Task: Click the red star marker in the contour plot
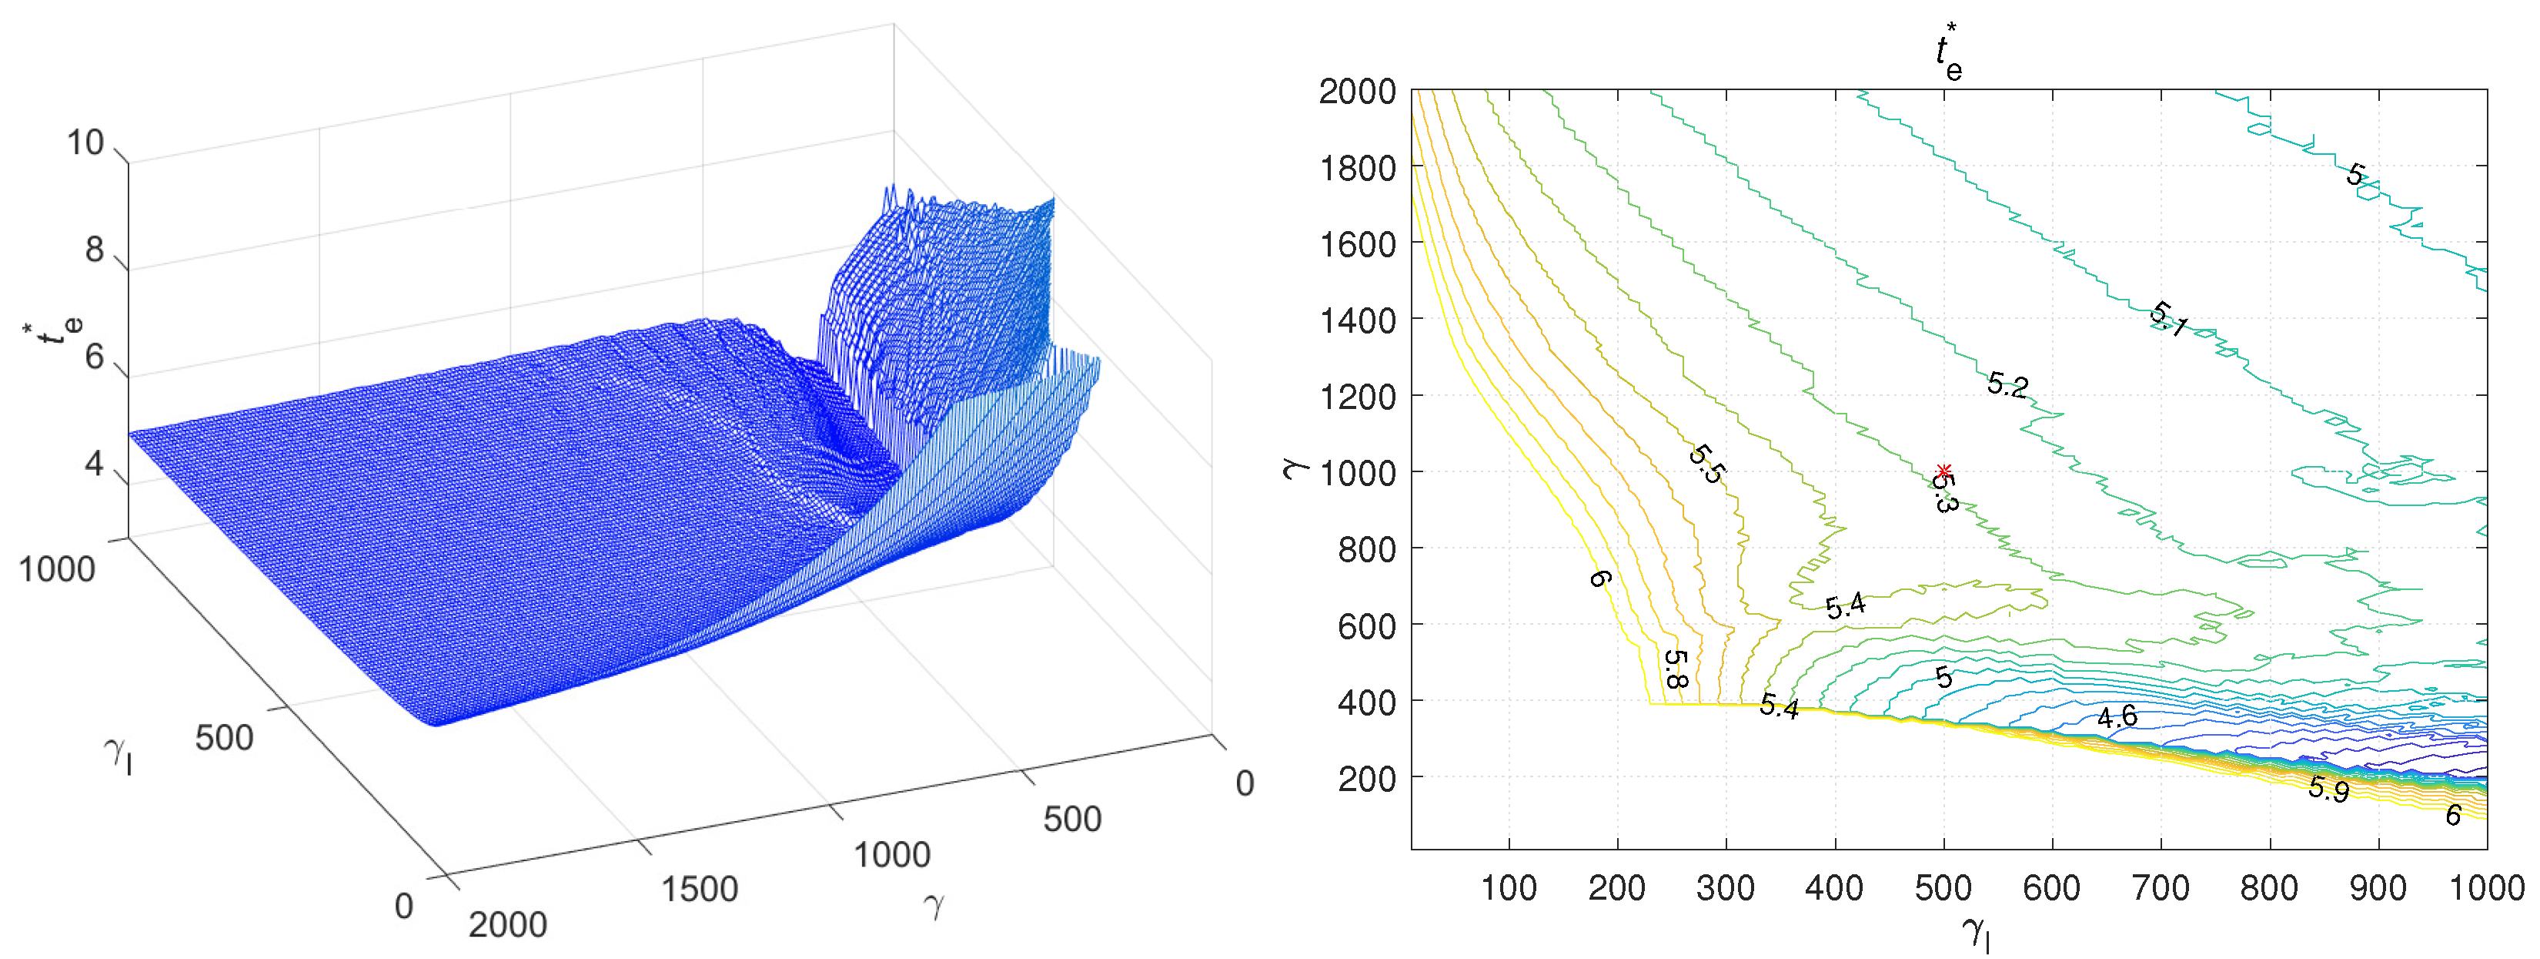[1943, 471]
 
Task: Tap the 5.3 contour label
[1943, 492]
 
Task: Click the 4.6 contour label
[2116, 717]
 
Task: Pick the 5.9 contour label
[2328, 788]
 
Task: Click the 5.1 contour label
[2169, 319]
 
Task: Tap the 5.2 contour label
[2007, 385]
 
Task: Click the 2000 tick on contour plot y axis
[1357, 91]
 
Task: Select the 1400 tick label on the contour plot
[1357, 320]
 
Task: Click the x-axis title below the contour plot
[1975, 932]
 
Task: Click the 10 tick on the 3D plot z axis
[85, 143]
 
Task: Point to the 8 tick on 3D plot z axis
[94, 250]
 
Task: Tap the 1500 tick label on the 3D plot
[699, 889]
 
